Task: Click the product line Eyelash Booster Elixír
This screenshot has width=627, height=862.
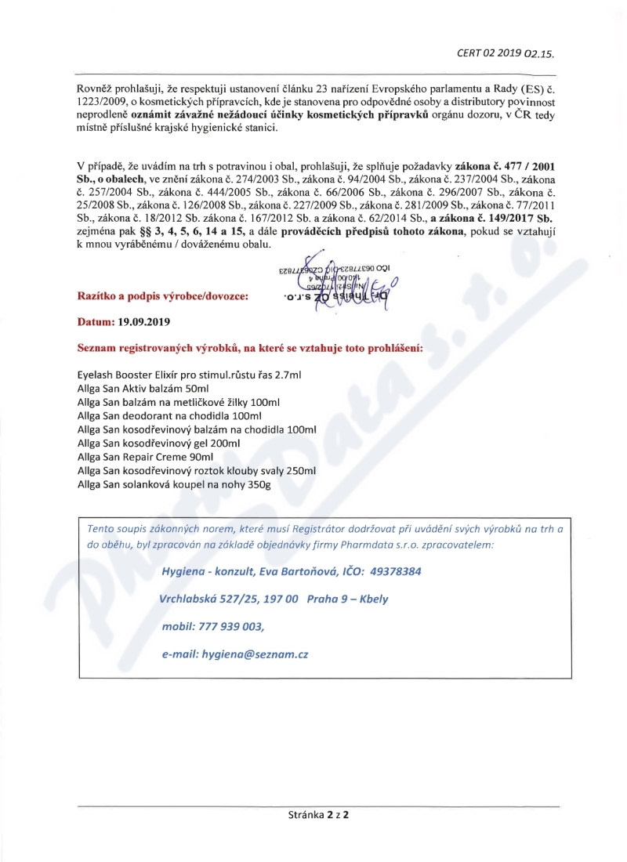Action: point(189,375)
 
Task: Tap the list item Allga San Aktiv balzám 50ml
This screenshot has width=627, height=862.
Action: point(143,389)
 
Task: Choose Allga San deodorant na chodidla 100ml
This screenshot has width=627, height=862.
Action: point(169,415)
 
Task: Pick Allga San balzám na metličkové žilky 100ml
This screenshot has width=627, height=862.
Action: point(178,402)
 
